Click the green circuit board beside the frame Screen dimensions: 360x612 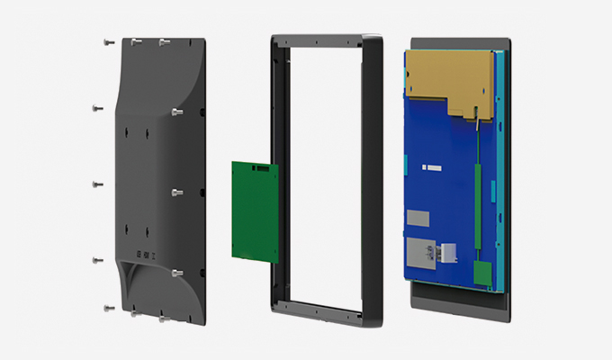tap(251, 211)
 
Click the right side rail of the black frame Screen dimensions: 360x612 tap(373, 180)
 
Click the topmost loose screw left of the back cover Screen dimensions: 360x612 tap(106, 41)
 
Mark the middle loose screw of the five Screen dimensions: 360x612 tap(97, 185)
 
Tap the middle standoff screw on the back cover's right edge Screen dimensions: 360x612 tap(176, 192)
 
